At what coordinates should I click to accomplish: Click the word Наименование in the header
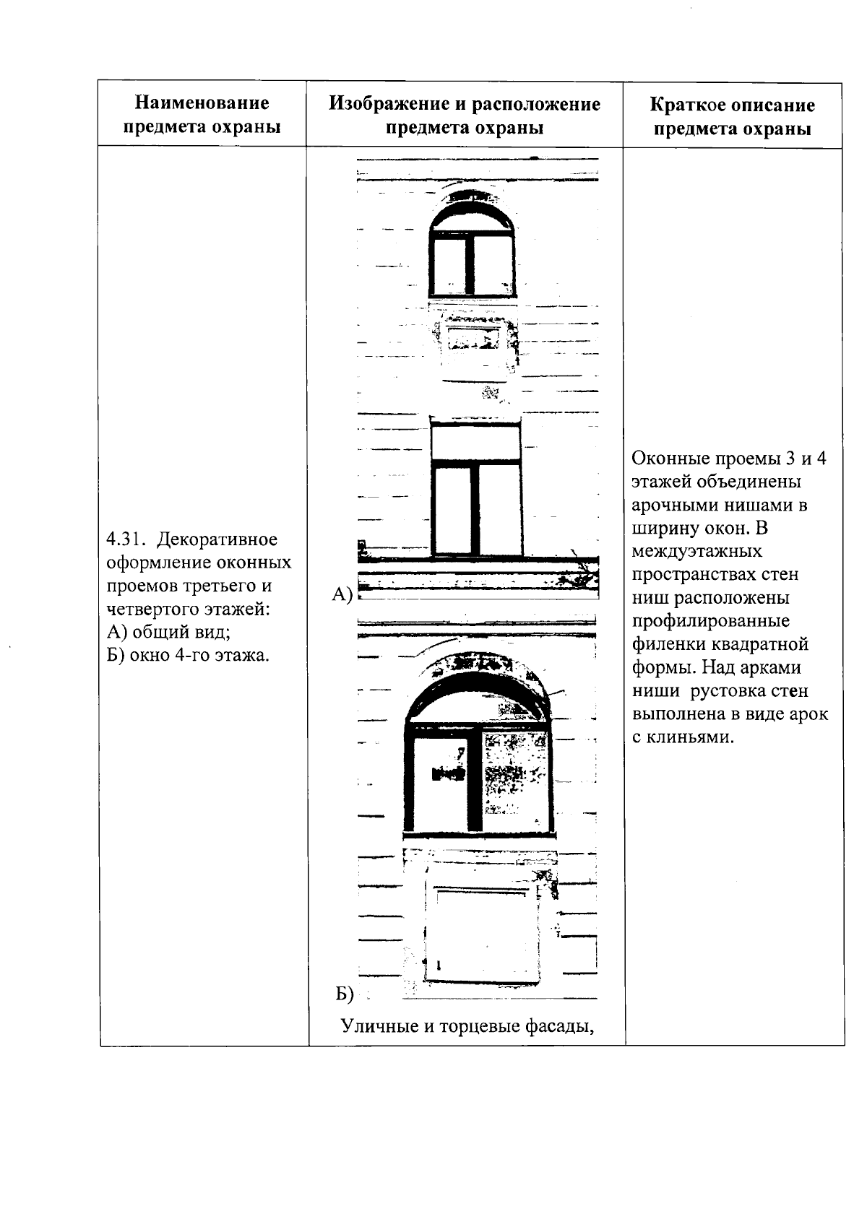click(202, 104)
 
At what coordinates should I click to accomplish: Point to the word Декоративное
click(217, 539)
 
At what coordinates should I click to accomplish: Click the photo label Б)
click(345, 994)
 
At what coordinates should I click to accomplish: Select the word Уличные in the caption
click(379, 1025)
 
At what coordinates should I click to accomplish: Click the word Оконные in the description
click(670, 459)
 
